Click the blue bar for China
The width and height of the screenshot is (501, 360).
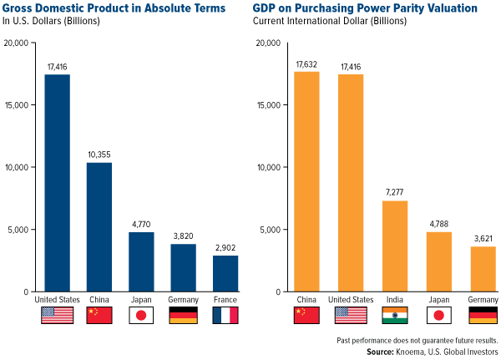(99, 226)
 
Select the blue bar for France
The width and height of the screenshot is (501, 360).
(225, 273)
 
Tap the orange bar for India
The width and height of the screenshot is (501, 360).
(395, 246)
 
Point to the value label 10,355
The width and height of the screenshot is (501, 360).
(99, 155)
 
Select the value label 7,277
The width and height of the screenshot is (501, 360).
(395, 194)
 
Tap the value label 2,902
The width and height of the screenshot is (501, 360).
(225, 248)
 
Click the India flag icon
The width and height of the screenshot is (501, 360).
(395, 315)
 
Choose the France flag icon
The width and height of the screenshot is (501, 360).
(225, 315)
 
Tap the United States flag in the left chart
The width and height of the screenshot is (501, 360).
(57, 315)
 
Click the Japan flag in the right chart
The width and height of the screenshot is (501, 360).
(438, 315)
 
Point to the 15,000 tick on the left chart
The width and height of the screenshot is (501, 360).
(18, 105)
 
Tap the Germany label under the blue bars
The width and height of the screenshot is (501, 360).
(183, 298)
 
